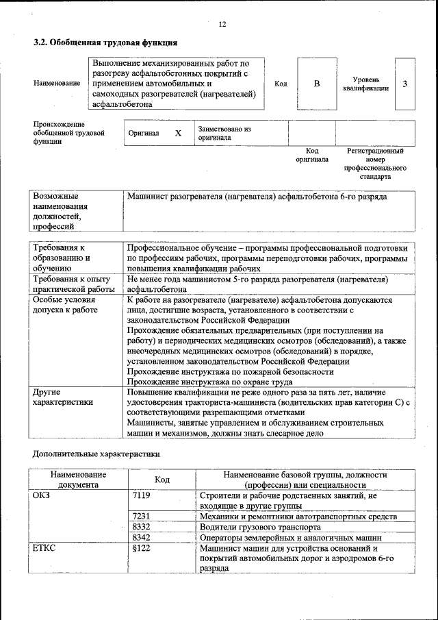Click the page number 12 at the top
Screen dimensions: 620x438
click(x=222, y=24)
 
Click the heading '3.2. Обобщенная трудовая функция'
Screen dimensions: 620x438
click(x=101, y=43)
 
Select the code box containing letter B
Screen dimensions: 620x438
click(x=317, y=84)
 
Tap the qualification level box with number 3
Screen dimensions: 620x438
click(x=405, y=84)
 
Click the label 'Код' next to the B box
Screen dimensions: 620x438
click(x=281, y=84)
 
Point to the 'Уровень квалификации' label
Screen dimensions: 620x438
click(x=366, y=84)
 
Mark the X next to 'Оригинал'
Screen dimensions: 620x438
click(x=178, y=134)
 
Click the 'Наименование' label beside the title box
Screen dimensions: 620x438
click(x=56, y=83)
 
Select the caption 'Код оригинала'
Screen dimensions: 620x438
click(x=312, y=155)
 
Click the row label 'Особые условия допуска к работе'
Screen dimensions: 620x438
click(x=65, y=305)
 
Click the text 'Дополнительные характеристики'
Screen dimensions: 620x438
click(x=96, y=453)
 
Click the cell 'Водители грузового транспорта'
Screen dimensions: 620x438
click(x=259, y=528)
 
